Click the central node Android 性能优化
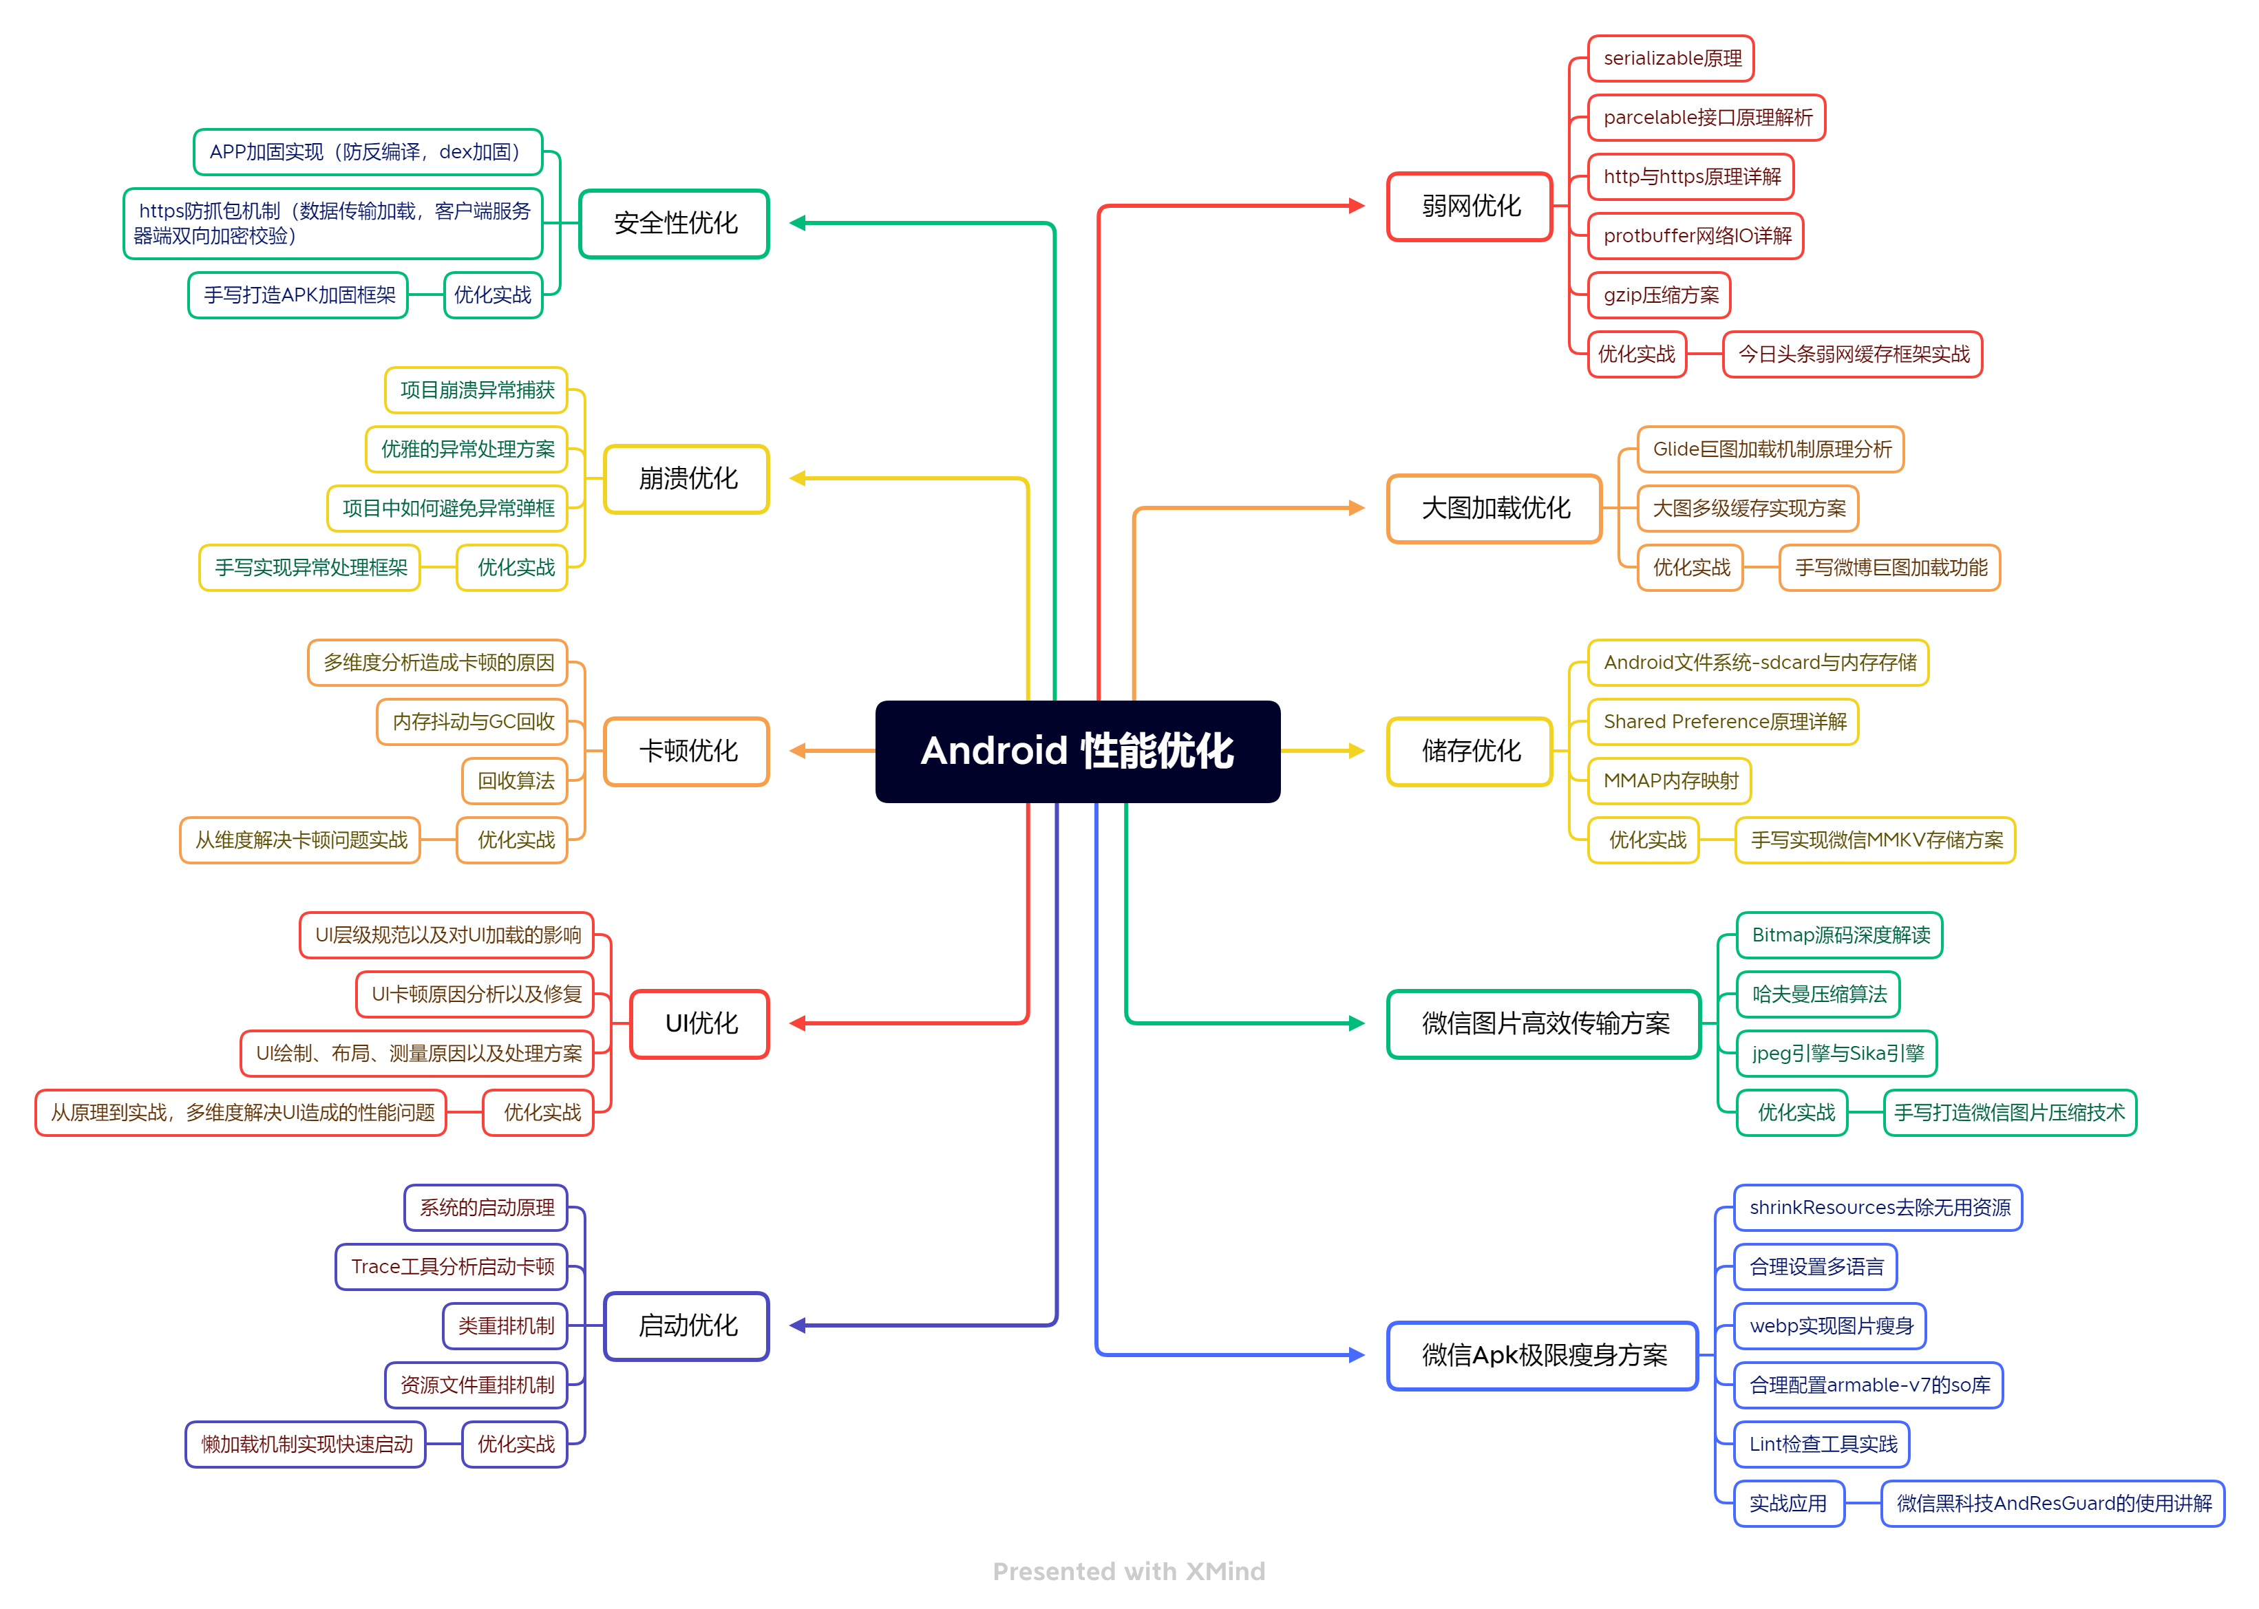[1077, 751]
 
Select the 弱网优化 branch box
[1470, 206]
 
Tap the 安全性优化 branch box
[674, 224]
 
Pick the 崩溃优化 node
[687, 478]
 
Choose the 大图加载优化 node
[1494, 509]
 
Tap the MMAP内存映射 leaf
[1670, 780]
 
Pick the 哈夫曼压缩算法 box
[1818, 994]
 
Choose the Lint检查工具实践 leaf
[1821, 1445]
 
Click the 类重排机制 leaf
[505, 1325]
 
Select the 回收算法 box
[516, 780]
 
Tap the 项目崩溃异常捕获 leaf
[476, 390]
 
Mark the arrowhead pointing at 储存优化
[1357, 751]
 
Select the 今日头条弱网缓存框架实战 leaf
[1853, 354]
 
